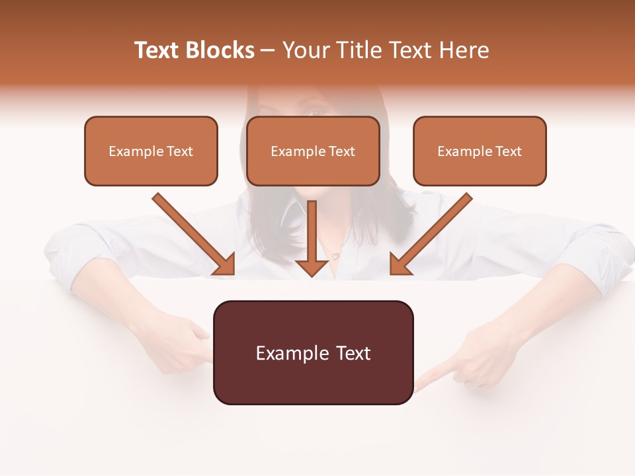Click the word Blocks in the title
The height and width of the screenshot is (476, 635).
(220, 50)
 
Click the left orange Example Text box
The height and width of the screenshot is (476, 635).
(151, 151)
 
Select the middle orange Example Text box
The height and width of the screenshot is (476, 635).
(313, 151)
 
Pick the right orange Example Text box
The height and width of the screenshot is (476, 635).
(480, 151)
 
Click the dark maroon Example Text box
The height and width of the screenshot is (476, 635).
(313, 353)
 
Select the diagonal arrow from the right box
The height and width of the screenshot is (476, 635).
(431, 233)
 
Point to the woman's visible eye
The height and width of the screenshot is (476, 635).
(316, 112)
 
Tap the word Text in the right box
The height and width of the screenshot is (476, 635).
(509, 151)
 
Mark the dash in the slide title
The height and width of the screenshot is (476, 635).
(268, 51)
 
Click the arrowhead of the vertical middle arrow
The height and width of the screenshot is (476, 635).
(312, 266)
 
